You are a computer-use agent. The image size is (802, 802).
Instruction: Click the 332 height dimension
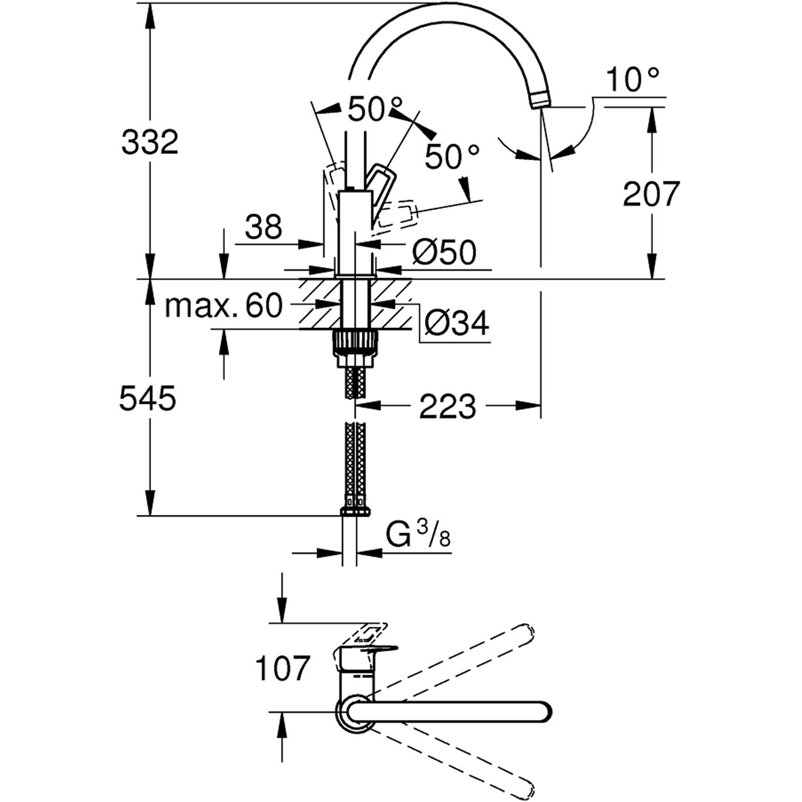[149, 142]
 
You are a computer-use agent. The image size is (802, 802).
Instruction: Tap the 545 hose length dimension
[147, 399]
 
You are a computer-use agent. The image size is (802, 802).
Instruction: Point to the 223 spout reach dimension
[447, 406]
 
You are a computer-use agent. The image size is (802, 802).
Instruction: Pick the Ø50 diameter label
[444, 252]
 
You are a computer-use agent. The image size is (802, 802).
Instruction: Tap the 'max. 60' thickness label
[224, 306]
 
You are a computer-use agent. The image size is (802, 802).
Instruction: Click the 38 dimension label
[264, 226]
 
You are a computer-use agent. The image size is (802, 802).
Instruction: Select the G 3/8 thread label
[418, 536]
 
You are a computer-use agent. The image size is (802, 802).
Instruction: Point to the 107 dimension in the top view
[282, 668]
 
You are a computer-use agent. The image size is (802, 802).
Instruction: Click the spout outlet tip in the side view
[540, 100]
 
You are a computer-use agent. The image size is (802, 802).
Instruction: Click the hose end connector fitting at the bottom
[355, 510]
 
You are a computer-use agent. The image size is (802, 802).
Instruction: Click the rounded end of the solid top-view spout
[543, 711]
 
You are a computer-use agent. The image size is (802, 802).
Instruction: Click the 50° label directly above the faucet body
[376, 110]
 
